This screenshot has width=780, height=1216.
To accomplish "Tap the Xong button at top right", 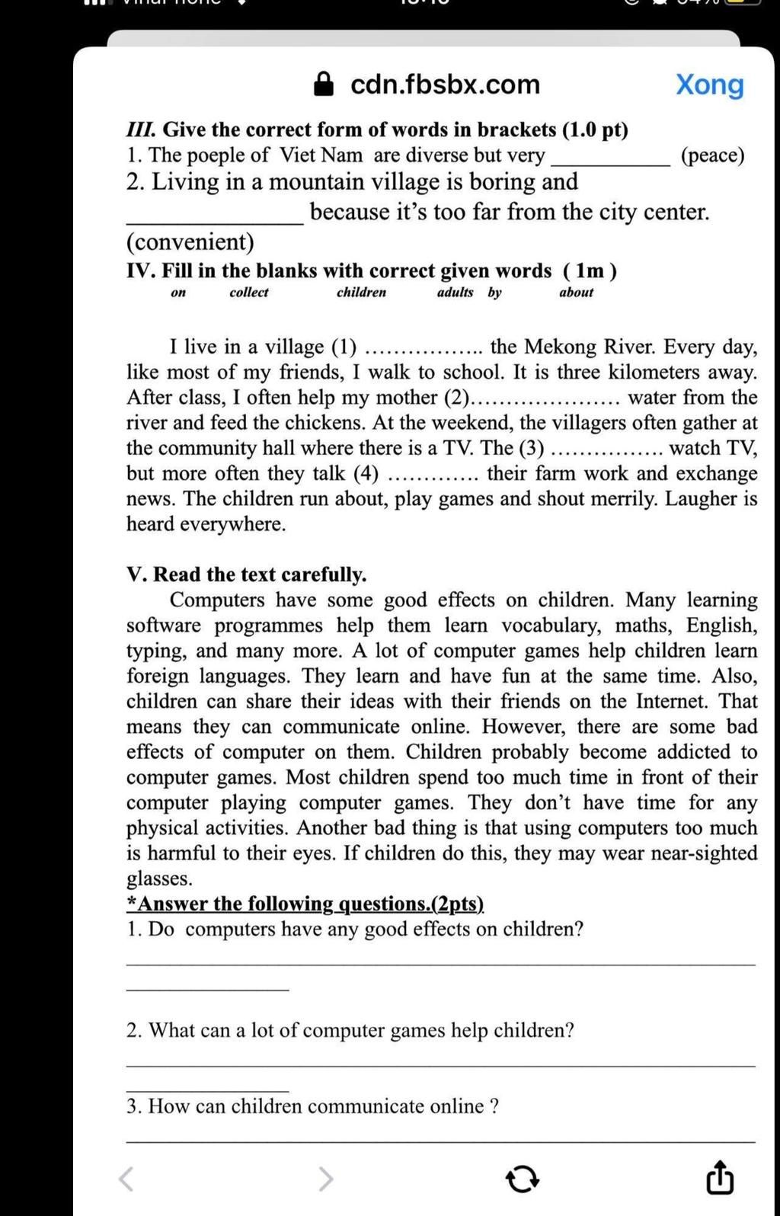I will [709, 85].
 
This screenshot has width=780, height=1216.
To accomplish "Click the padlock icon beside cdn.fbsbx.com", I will [324, 85].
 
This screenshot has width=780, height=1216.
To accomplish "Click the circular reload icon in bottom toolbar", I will [523, 1179].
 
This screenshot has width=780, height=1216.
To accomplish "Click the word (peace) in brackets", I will [712, 155].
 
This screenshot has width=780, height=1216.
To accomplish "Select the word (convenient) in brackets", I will [190, 242].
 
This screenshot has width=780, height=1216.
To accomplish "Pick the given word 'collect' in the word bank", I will [248, 293].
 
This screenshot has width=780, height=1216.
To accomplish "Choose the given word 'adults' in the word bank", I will [455, 293].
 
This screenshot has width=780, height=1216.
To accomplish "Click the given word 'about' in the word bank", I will [576, 293].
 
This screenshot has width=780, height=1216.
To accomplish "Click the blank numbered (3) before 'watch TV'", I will [606, 451].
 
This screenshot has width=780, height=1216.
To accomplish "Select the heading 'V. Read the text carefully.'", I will [246, 574].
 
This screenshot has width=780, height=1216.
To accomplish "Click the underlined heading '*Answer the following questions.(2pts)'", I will [305, 904].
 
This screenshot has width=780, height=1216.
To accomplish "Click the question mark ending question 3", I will [495, 1106].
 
